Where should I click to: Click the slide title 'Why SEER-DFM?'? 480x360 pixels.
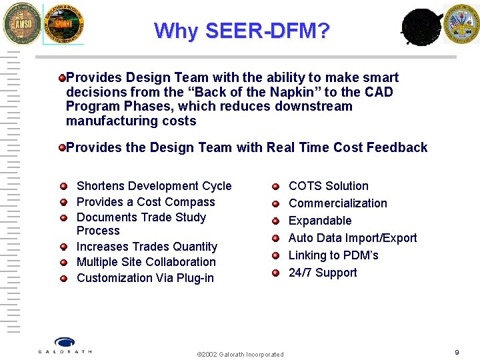(241, 31)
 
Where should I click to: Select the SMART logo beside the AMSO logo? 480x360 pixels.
(63, 24)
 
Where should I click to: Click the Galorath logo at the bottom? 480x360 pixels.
(65, 345)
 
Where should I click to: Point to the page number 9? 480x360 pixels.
(457, 352)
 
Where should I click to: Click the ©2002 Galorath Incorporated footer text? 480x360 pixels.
(240, 354)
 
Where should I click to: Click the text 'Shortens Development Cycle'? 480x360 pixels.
(154, 186)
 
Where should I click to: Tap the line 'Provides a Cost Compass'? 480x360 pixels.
(145, 202)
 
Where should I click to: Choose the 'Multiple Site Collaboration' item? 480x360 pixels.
(146, 262)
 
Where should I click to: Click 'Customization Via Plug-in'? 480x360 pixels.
(145, 278)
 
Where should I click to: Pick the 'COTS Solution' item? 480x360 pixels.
(328, 186)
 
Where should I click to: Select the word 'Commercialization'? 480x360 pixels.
(337, 203)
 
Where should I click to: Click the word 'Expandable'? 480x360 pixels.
(319, 221)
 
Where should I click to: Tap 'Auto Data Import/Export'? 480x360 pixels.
(352, 238)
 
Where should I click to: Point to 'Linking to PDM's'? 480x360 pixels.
(333, 255)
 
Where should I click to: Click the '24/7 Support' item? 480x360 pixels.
(322, 273)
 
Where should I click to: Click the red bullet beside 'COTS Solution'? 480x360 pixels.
(275, 187)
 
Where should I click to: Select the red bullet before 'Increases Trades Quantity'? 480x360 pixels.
(63, 247)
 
